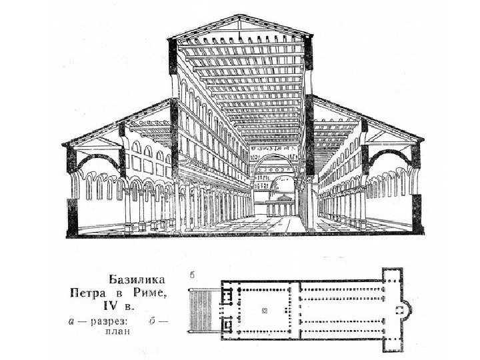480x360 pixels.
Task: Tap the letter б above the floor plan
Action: click(x=191, y=274)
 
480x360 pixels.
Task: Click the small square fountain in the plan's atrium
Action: click(x=265, y=310)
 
